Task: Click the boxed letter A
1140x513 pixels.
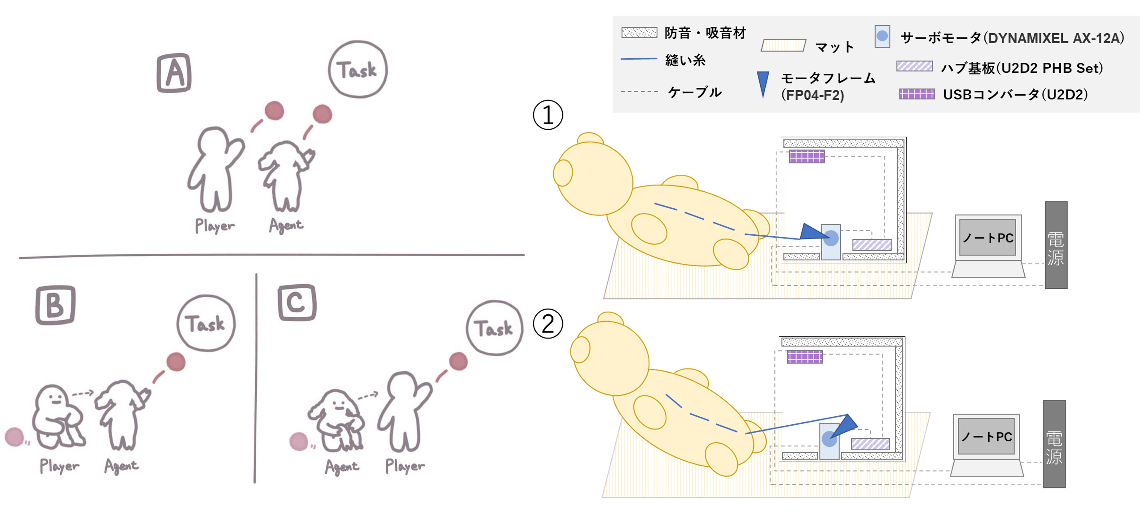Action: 174,73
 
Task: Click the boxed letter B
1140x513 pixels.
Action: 55,305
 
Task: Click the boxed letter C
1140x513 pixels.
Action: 297,303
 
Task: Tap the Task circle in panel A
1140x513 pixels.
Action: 358,69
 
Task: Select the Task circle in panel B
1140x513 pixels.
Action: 206,323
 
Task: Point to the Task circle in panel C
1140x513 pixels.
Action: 494,328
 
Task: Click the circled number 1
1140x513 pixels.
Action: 548,115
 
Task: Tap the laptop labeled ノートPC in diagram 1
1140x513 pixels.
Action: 988,246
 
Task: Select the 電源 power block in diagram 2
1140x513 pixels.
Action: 1054,444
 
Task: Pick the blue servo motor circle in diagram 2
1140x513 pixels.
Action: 829,438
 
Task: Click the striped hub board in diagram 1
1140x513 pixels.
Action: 872,245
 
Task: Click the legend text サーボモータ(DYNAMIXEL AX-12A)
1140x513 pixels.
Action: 1012,38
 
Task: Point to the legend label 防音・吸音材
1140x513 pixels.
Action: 705,33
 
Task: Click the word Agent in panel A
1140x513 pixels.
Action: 286,226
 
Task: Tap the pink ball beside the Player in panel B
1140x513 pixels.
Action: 14,437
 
